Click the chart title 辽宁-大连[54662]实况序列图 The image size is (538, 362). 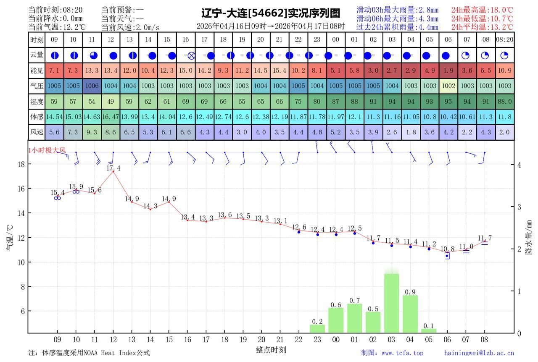pyautogui.click(x=270, y=13)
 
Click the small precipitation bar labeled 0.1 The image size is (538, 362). pyautogui.click(x=429, y=331)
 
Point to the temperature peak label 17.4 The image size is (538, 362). pyautogui.click(x=113, y=168)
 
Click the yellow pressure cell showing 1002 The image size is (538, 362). pyautogui.click(x=448, y=86)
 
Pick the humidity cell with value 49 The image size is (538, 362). pyautogui.click(x=111, y=101)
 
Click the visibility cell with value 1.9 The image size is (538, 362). pyautogui.click(x=448, y=71)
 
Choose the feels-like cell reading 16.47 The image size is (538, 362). pyautogui.click(x=111, y=117)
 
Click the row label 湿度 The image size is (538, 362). pyautogui.click(x=37, y=101)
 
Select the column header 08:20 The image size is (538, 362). pyautogui.click(x=504, y=40)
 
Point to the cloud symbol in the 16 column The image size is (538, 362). pyautogui.click(x=191, y=55)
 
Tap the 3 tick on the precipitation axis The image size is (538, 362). pyautogui.click(x=519, y=207)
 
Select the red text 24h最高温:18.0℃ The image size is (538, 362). pyautogui.click(x=482, y=10)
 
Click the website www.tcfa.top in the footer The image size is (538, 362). pyautogui.click(x=402, y=353)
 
